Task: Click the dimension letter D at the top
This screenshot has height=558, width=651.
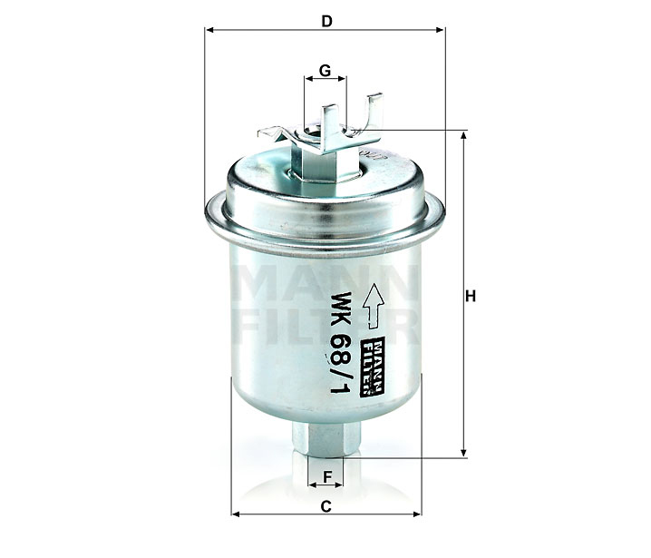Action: pyautogui.click(x=327, y=21)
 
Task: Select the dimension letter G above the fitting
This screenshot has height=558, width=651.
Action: pyautogui.click(x=325, y=71)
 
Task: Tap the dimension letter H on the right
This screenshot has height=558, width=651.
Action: pyautogui.click(x=471, y=297)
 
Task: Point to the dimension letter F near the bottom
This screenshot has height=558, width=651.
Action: pyautogui.click(x=327, y=476)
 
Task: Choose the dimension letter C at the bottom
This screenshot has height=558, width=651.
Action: pyautogui.click(x=326, y=506)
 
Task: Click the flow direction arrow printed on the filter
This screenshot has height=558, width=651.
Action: pyautogui.click(x=374, y=306)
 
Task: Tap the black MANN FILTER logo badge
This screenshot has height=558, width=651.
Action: pyautogui.click(x=373, y=366)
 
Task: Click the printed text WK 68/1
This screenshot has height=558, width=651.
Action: pyautogui.click(x=340, y=342)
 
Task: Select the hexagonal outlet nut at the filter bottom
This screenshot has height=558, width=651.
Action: pyautogui.click(x=325, y=439)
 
